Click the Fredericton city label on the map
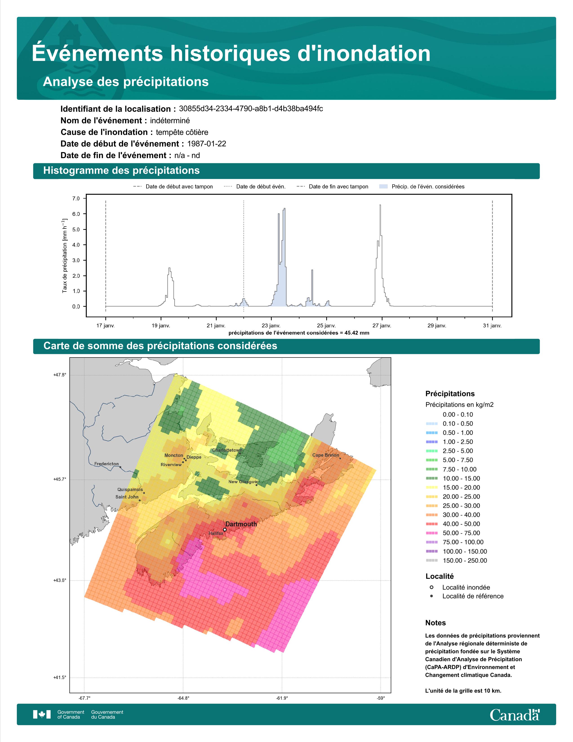point(107,464)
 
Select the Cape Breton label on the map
point(326,455)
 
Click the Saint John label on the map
point(127,497)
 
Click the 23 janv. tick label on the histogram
point(271,326)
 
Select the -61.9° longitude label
point(282,698)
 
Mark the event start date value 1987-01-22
point(207,144)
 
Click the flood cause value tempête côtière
point(182,132)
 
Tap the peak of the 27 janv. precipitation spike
point(380,205)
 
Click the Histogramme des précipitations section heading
point(122,171)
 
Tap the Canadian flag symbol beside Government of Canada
point(42,715)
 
